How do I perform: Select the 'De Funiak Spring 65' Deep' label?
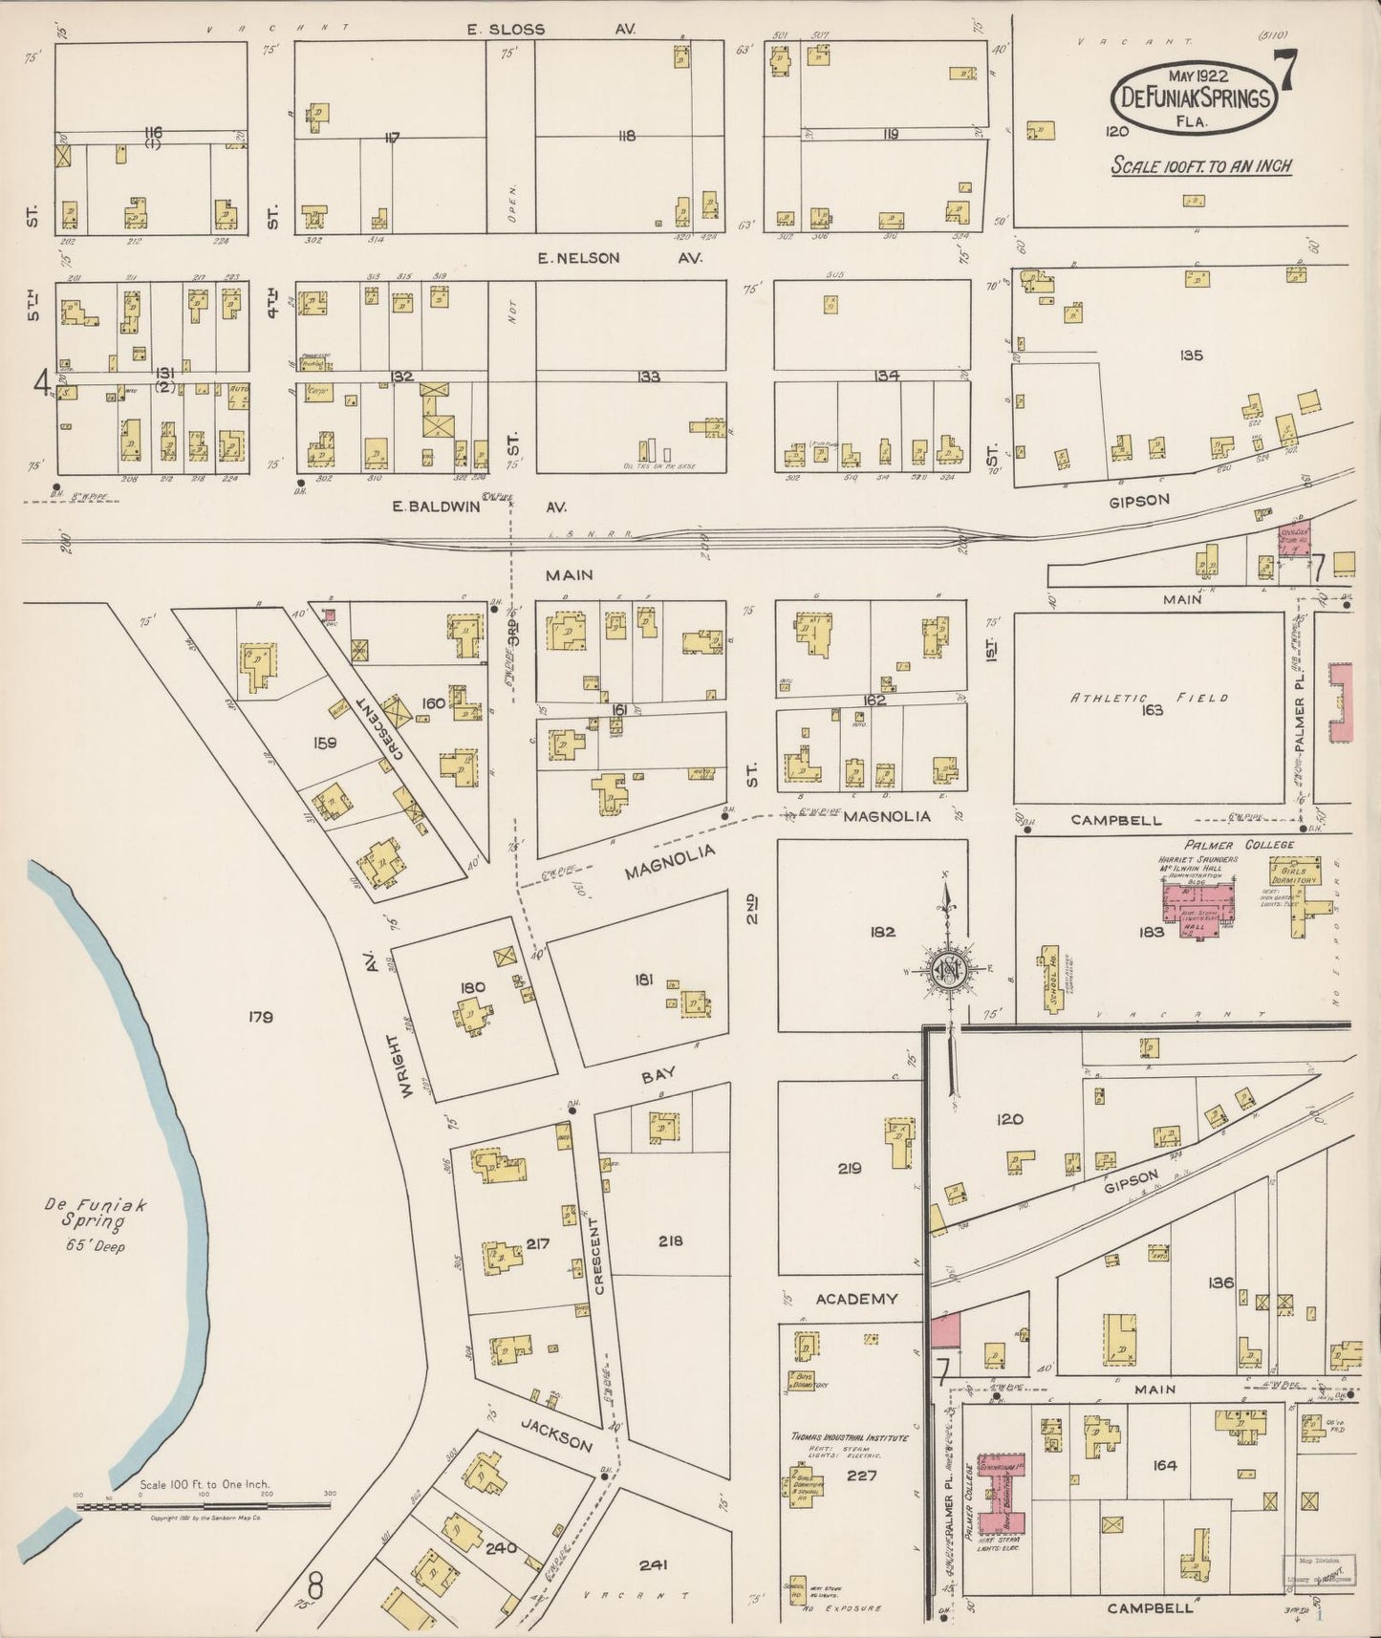91,1225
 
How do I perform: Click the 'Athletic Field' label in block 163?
1149,699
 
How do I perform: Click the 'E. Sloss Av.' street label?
547,30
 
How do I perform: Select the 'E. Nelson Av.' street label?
618,258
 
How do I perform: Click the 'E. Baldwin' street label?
428,507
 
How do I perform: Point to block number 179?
260,1017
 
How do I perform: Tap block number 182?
882,931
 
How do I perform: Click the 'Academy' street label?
856,1299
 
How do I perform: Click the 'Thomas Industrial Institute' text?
850,1436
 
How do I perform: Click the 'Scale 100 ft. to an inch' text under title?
1200,166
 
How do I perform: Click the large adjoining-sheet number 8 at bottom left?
317,1591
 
